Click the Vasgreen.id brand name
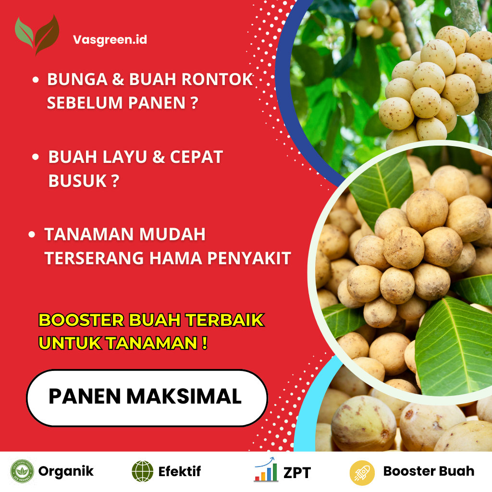[x=110, y=39]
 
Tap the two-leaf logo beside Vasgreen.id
[x=37, y=35]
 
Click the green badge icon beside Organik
[x=22, y=471]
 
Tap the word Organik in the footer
[x=66, y=471]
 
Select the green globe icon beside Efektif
[x=142, y=471]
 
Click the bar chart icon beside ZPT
[x=266, y=470]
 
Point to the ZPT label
[x=297, y=472]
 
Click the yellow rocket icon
[x=362, y=472]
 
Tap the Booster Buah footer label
[x=429, y=471]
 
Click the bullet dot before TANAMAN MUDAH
[x=32, y=234]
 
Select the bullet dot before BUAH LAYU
[x=36, y=157]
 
